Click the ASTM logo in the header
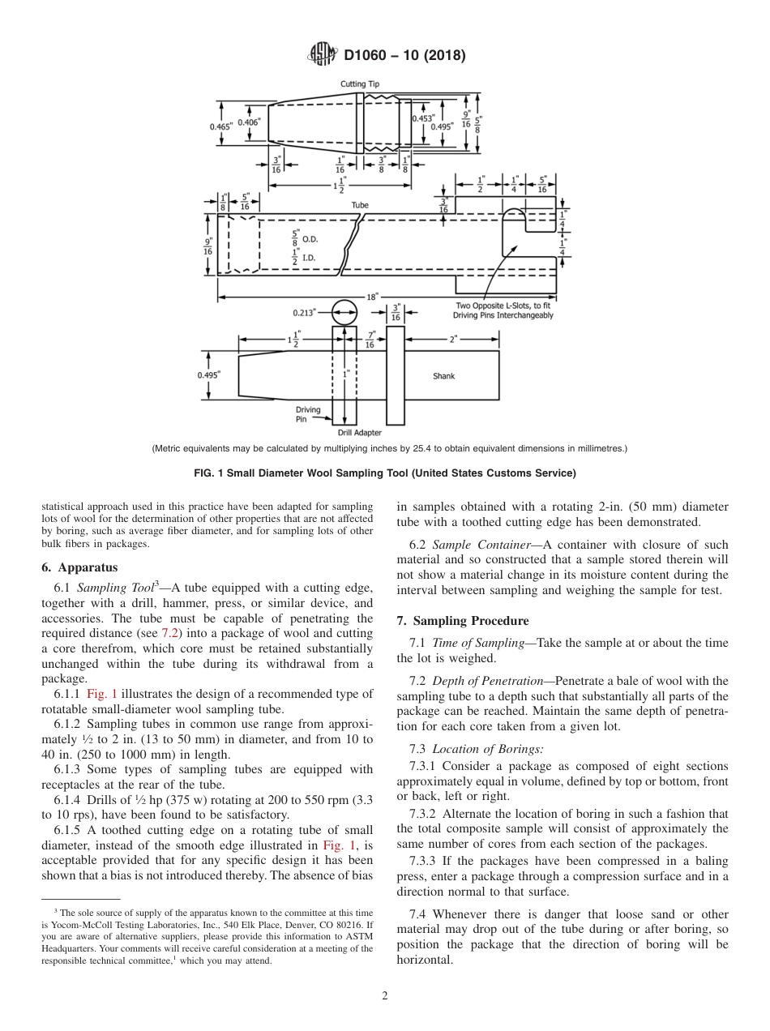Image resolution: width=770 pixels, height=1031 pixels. (323, 56)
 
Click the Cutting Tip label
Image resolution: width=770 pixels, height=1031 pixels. (359, 84)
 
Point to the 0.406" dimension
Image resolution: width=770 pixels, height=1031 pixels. (249, 122)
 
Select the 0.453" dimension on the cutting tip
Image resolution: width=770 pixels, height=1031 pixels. (422, 118)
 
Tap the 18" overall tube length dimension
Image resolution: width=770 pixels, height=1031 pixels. (372, 297)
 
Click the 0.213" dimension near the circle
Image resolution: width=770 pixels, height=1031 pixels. (306, 311)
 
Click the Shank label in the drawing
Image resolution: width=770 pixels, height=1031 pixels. (443, 376)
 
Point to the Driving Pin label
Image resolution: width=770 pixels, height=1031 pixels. (307, 415)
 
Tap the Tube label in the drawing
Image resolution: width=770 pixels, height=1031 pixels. (360, 206)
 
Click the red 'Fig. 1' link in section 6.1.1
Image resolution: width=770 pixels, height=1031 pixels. (102, 693)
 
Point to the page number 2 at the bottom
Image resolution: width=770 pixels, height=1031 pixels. (384, 996)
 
